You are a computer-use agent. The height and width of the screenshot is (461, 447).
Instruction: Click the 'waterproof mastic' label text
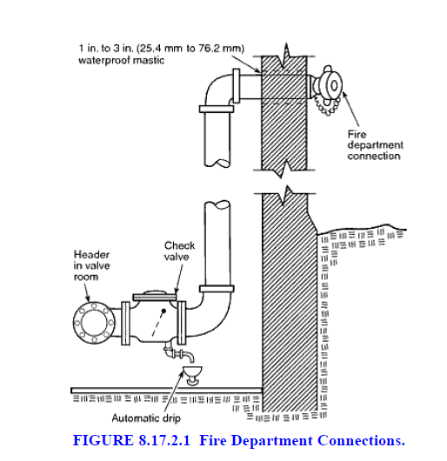point(121,61)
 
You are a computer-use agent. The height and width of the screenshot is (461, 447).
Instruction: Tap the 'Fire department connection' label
point(376,145)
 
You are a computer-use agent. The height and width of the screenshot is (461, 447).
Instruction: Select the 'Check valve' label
point(179,251)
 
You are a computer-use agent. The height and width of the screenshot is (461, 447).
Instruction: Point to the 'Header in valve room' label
point(91,265)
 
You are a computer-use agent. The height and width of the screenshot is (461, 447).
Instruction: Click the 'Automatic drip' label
point(146,418)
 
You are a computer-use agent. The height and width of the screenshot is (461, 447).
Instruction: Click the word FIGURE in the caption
point(103,440)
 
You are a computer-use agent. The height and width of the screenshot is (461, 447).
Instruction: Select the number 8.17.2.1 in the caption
point(164,440)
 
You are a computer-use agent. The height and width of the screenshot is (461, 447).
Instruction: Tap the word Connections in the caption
point(361,440)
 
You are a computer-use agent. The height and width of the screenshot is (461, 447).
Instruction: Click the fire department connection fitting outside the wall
point(327,85)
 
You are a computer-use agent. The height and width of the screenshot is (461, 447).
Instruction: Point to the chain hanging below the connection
point(325,106)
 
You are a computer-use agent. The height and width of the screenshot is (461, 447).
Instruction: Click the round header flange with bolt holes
point(94,323)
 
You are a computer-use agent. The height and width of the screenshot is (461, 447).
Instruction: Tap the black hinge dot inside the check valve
point(164,311)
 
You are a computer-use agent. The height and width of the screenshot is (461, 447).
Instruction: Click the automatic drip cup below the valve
point(192,375)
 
